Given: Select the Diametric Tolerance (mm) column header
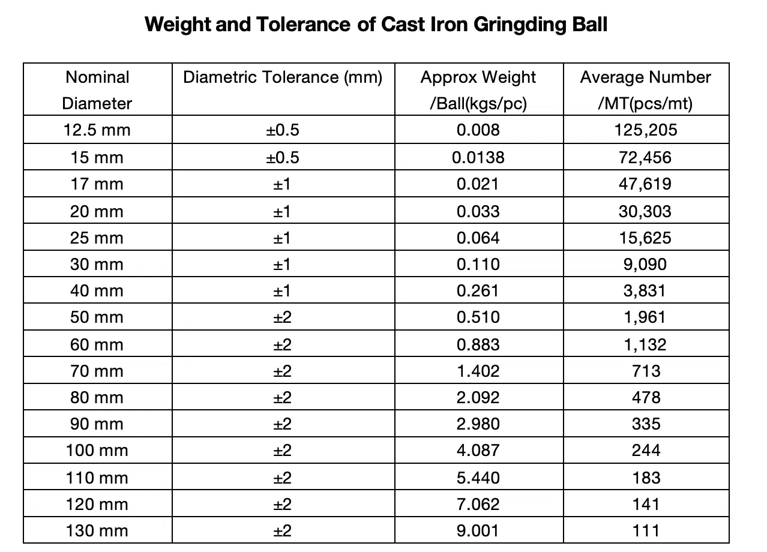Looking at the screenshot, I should pyautogui.click(x=283, y=77).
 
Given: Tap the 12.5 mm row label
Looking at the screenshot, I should pyautogui.click(x=97, y=130).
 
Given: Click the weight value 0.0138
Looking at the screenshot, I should pyautogui.click(x=478, y=157).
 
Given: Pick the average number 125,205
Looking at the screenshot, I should pyautogui.click(x=646, y=130).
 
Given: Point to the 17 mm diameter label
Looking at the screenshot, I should pyautogui.click(x=97, y=184).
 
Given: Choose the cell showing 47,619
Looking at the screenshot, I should pyautogui.click(x=646, y=184).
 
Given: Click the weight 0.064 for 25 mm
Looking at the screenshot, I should pyautogui.click(x=478, y=238).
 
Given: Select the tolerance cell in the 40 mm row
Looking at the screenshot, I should pyautogui.click(x=283, y=291).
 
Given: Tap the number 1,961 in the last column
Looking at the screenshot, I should pyautogui.click(x=646, y=317).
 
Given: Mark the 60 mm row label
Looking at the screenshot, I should pyautogui.click(x=97, y=344).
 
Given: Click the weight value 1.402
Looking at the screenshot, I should pyautogui.click(x=478, y=371).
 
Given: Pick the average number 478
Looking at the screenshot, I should pyautogui.click(x=646, y=397).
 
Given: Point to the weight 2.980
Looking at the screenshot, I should pyautogui.click(x=478, y=424).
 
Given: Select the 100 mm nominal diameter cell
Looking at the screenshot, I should pyautogui.click(x=97, y=451).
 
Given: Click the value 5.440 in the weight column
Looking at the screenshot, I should pyautogui.click(x=478, y=478).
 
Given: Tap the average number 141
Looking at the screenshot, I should pyautogui.click(x=646, y=504).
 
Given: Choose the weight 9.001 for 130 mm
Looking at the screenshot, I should pyautogui.click(x=478, y=531).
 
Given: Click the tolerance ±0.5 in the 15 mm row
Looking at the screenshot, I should pyautogui.click(x=283, y=157).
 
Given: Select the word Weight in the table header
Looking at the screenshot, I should pyautogui.click(x=508, y=77).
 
